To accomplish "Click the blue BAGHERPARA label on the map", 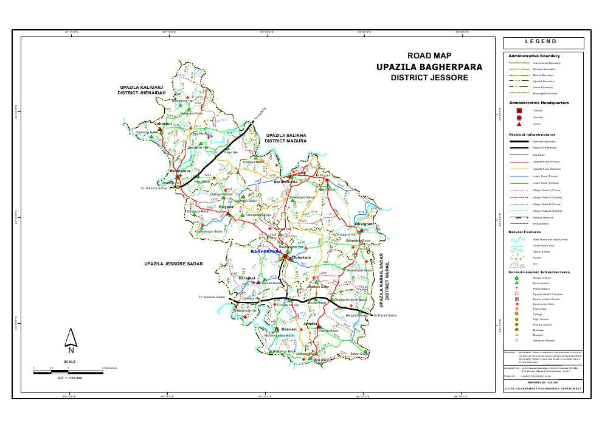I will [x=266, y=251].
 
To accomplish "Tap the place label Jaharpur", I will [x=163, y=124].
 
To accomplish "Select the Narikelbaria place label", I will [x=286, y=182].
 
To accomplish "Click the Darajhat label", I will [x=246, y=278].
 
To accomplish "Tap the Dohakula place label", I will [x=302, y=257].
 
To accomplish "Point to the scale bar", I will [x=69, y=372].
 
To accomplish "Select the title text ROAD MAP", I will [x=429, y=56].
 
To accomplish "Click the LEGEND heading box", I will [x=543, y=43].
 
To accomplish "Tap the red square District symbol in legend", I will [x=519, y=111].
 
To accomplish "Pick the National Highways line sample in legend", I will [x=519, y=141].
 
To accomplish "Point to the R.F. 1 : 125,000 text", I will [x=70, y=379].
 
